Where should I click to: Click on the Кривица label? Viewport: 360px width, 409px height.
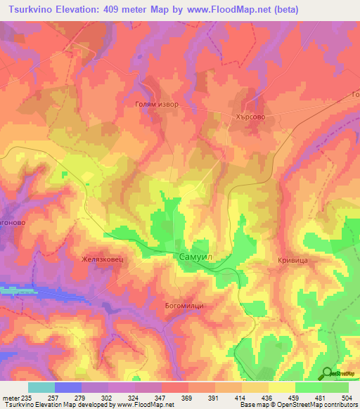point(288,260)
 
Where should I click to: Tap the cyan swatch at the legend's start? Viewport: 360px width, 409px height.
point(41,387)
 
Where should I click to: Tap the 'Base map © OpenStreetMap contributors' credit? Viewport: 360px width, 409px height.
point(298,405)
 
